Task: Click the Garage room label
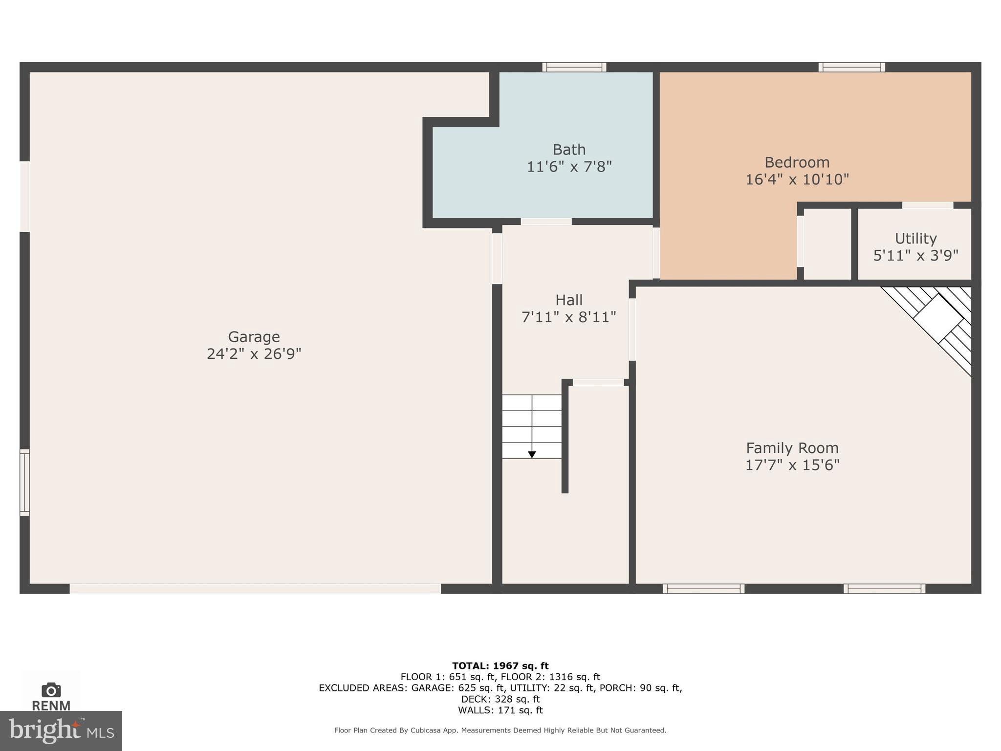pyautogui.click(x=254, y=337)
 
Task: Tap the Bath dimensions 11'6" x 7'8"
pyautogui.click(x=569, y=167)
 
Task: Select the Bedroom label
pyautogui.click(x=797, y=162)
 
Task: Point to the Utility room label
pyautogui.click(x=915, y=239)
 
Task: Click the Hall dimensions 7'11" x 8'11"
pyautogui.click(x=568, y=317)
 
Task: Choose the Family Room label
pyautogui.click(x=792, y=448)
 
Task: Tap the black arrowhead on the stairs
pyautogui.click(x=532, y=455)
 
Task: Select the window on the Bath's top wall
pyautogui.click(x=574, y=67)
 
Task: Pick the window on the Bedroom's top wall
pyautogui.click(x=851, y=67)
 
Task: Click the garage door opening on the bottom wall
pyautogui.click(x=255, y=589)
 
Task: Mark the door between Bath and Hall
pyautogui.click(x=546, y=222)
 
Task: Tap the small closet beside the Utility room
pyautogui.click(x=827, y=244)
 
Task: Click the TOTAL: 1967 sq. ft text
pyautogui.click(x=500, y=666)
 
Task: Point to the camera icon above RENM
pyautogui.click(x=51, y=690)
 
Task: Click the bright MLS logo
pyautogui.click(x=61, y=730)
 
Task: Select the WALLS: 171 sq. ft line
pyautogui.click(x=500, y=710)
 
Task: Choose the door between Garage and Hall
pyautogui.click(x=497, y=258)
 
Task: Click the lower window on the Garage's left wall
pyautogui.click(x=24, y=482)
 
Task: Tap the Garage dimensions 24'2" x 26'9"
pyautogui.click(x=254, y=354)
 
